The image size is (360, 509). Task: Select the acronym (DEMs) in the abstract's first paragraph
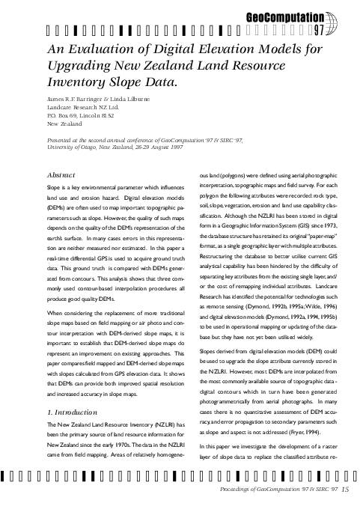57,207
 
